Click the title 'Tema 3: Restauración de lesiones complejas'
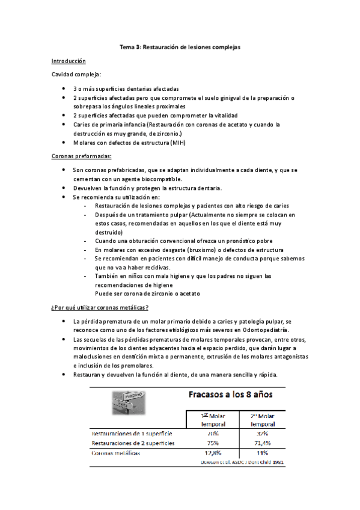tap(180, 48)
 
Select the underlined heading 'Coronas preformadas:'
tap(81, 156)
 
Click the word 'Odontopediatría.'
tap(263, 330)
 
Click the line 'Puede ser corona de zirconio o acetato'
tap(147, 293)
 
